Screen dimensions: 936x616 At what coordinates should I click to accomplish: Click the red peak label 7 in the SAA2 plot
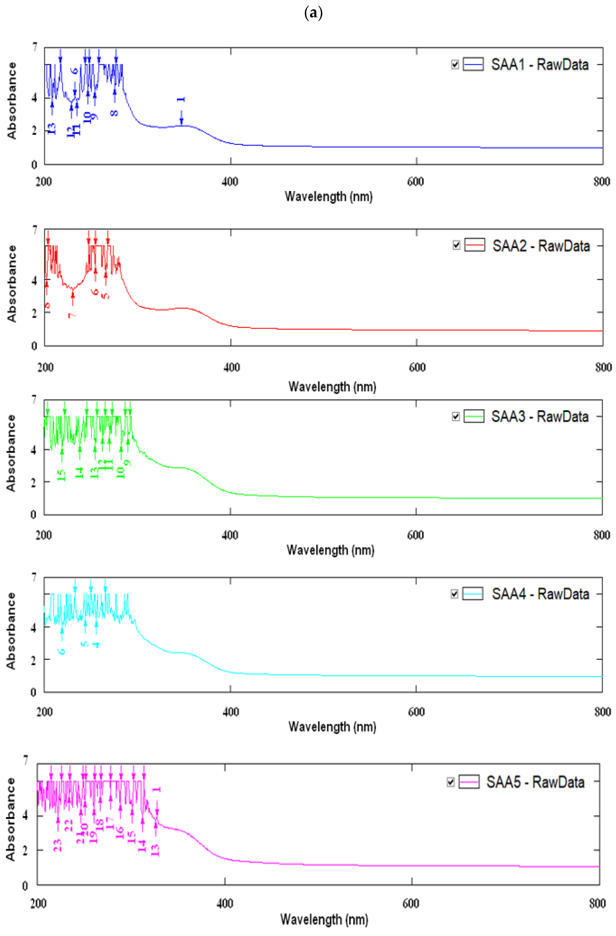point(72,315)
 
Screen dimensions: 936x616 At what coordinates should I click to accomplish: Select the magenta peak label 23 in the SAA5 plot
point(57,845)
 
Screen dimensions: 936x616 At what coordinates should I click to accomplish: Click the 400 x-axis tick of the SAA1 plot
point(230,182)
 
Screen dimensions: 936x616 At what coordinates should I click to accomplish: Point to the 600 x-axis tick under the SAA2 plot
point(417,367)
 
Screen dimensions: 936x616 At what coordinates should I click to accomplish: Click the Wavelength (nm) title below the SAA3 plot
point(330,550)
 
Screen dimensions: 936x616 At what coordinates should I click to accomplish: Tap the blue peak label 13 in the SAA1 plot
point(51,128)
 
